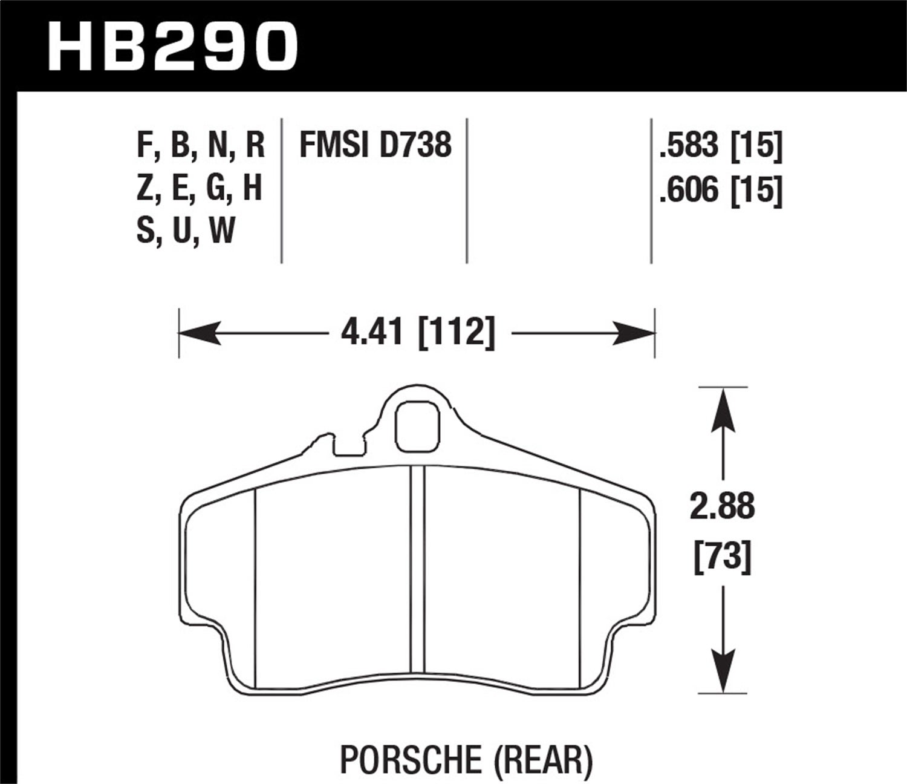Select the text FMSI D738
[375, 146]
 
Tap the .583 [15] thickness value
[721, 146]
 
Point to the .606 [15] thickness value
[721, 191]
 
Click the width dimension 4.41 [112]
[417, 333]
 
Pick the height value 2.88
[723, 507]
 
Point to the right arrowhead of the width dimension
[635, 333]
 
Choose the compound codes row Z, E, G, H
[200, 189]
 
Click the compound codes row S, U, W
[186, 231]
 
